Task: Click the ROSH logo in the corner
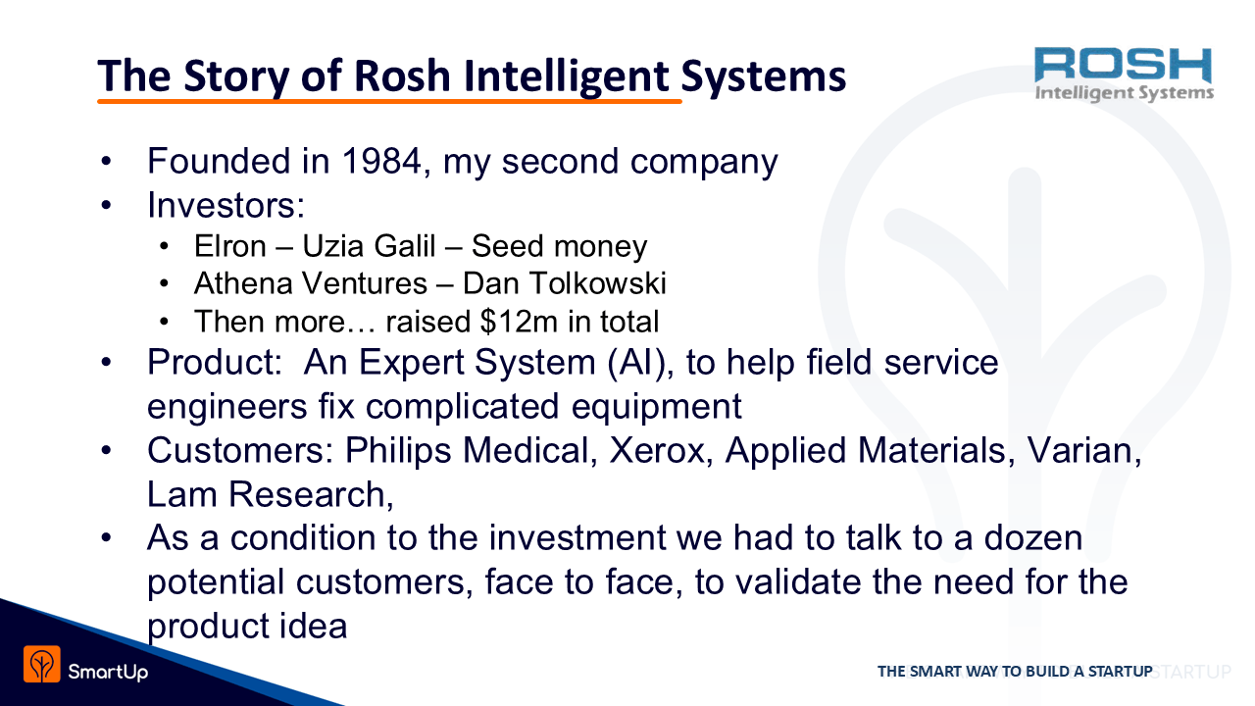1124,75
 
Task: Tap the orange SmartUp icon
42,664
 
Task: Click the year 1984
381,161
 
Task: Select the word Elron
229,246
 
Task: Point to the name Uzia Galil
369,246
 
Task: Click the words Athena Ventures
311,283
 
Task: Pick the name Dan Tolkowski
564,283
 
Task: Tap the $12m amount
519,322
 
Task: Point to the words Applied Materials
870,450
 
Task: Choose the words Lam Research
267,494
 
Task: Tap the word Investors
226,205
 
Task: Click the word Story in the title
236,76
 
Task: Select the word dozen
1032,538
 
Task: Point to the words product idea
247,626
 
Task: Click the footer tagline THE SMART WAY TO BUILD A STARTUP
1015,671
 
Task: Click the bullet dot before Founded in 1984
107,162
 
